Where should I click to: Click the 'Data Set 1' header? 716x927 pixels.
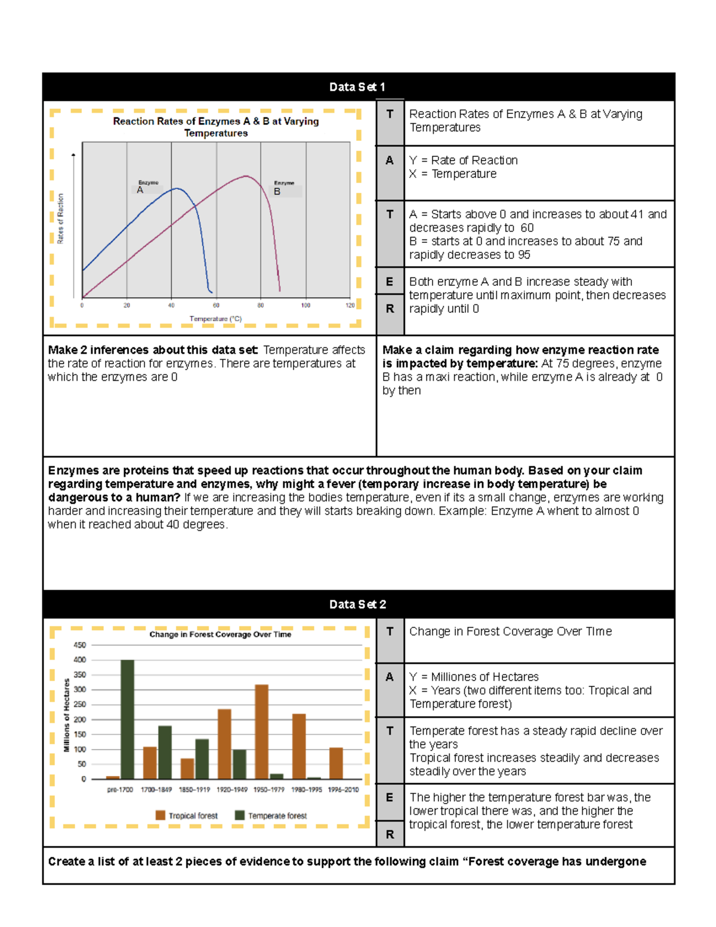(357, 87)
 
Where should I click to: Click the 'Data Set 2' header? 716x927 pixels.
(357, 604)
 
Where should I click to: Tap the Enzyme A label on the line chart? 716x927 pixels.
(147, 187)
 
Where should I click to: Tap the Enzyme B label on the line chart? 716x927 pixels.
(284, 188)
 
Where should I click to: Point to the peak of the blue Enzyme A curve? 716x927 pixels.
(176, 189)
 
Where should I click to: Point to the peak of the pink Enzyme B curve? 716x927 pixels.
(245, 176)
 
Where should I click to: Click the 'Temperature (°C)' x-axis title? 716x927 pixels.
(215, 319)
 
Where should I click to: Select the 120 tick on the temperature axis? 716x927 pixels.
(350, 305)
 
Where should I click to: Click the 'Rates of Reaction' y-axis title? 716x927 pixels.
(60, 218)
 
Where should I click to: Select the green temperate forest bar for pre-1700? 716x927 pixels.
(128, 719)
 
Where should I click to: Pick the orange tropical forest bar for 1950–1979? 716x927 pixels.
(261, 731)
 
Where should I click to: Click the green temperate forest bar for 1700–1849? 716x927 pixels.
(165, 752)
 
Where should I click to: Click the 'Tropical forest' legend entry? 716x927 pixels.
(187, 815)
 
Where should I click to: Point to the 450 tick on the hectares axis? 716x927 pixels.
(79, 645)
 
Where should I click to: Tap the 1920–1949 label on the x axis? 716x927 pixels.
(232, 790)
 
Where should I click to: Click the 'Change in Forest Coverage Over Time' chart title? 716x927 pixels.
(220, 635)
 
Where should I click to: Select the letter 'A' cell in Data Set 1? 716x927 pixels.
(390, 161)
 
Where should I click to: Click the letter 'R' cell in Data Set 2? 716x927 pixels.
(390, 834)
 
